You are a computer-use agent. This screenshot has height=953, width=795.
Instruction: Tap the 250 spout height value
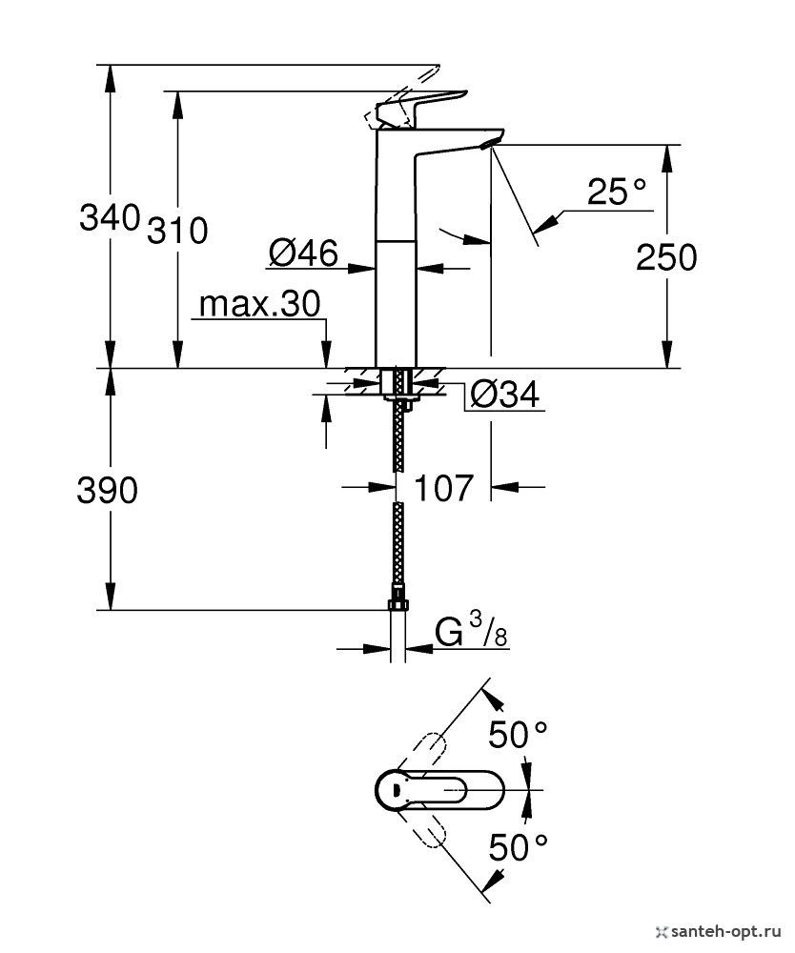pos(666,257)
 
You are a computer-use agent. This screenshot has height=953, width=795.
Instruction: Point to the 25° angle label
pos(617,194)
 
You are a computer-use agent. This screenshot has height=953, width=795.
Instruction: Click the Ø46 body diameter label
pos(303,253)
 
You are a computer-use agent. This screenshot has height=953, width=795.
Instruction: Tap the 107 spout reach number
pos(444,488)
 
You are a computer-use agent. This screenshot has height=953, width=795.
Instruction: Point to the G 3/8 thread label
pos(472,632)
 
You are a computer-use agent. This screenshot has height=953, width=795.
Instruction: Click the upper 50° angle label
pos(519,735)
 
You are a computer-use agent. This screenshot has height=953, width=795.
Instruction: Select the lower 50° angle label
pos(519,846)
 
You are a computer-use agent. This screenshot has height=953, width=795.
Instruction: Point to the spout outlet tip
pos(488,143)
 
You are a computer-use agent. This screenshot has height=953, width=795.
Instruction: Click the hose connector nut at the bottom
pos(397,604)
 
